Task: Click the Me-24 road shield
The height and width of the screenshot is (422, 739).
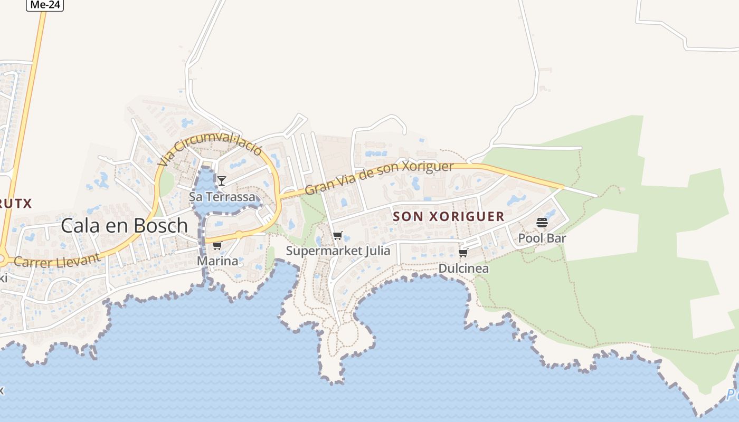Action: click(45, 5)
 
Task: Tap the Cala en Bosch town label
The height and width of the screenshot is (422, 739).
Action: click(124, 225)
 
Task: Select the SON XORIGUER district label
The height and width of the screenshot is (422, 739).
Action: click(449, 216)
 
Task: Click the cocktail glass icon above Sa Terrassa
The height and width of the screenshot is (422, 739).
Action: click(222, 181)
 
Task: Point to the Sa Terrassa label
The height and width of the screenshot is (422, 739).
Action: click(222, 197)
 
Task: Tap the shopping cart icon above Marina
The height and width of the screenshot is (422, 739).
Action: click(217, 246)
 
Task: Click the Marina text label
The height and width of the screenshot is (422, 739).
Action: click(217, 261)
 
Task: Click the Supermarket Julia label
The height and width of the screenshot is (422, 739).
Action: click(338, 251)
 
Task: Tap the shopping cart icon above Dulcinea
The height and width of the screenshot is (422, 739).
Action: click(463, 253)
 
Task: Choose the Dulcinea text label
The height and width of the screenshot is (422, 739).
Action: click(463, 268)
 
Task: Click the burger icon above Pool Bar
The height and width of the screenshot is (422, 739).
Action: click(542, 223)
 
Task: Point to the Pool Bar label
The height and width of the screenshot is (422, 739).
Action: click(542, 238)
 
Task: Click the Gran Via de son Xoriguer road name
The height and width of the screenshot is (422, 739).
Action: click(379, 177)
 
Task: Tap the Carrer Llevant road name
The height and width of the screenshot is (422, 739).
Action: click(56, 260)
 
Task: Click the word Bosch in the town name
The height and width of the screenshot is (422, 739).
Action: click(161, 225)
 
